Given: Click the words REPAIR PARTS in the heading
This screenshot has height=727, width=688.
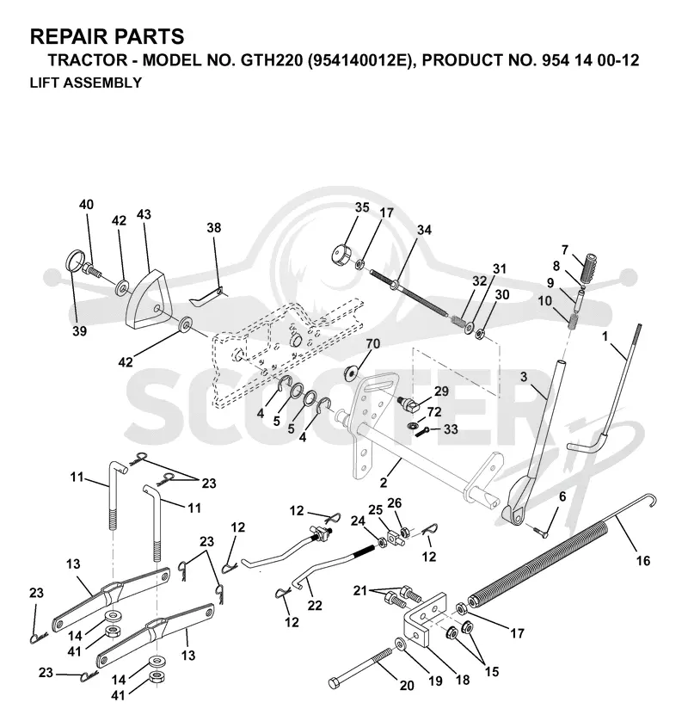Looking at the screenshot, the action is tap(107, 36).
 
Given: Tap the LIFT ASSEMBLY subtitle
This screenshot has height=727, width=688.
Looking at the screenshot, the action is tap(86, 83).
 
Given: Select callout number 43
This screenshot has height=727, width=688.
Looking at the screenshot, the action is tap(144, 215).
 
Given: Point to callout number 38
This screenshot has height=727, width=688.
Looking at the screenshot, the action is tap(214, 228).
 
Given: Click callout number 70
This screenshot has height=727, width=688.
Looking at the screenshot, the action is tap(372, 343).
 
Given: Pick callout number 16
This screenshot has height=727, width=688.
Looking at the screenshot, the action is tap(643, 561).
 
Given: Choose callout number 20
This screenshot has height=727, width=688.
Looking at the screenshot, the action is tap(407, 685).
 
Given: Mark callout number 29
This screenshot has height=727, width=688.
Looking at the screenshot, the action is tap(441, 391).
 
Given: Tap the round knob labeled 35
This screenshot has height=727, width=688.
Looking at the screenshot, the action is tap(341, 255).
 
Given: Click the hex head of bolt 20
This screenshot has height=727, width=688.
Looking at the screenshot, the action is tap(335, 683).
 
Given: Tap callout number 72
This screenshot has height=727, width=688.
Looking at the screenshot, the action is tap(434, 412).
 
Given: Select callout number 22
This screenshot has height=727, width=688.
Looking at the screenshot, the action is tap(315, 605).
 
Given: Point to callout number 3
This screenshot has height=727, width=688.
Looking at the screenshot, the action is tap(524, 377).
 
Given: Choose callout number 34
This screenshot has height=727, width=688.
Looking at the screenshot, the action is tap(424, 230).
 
